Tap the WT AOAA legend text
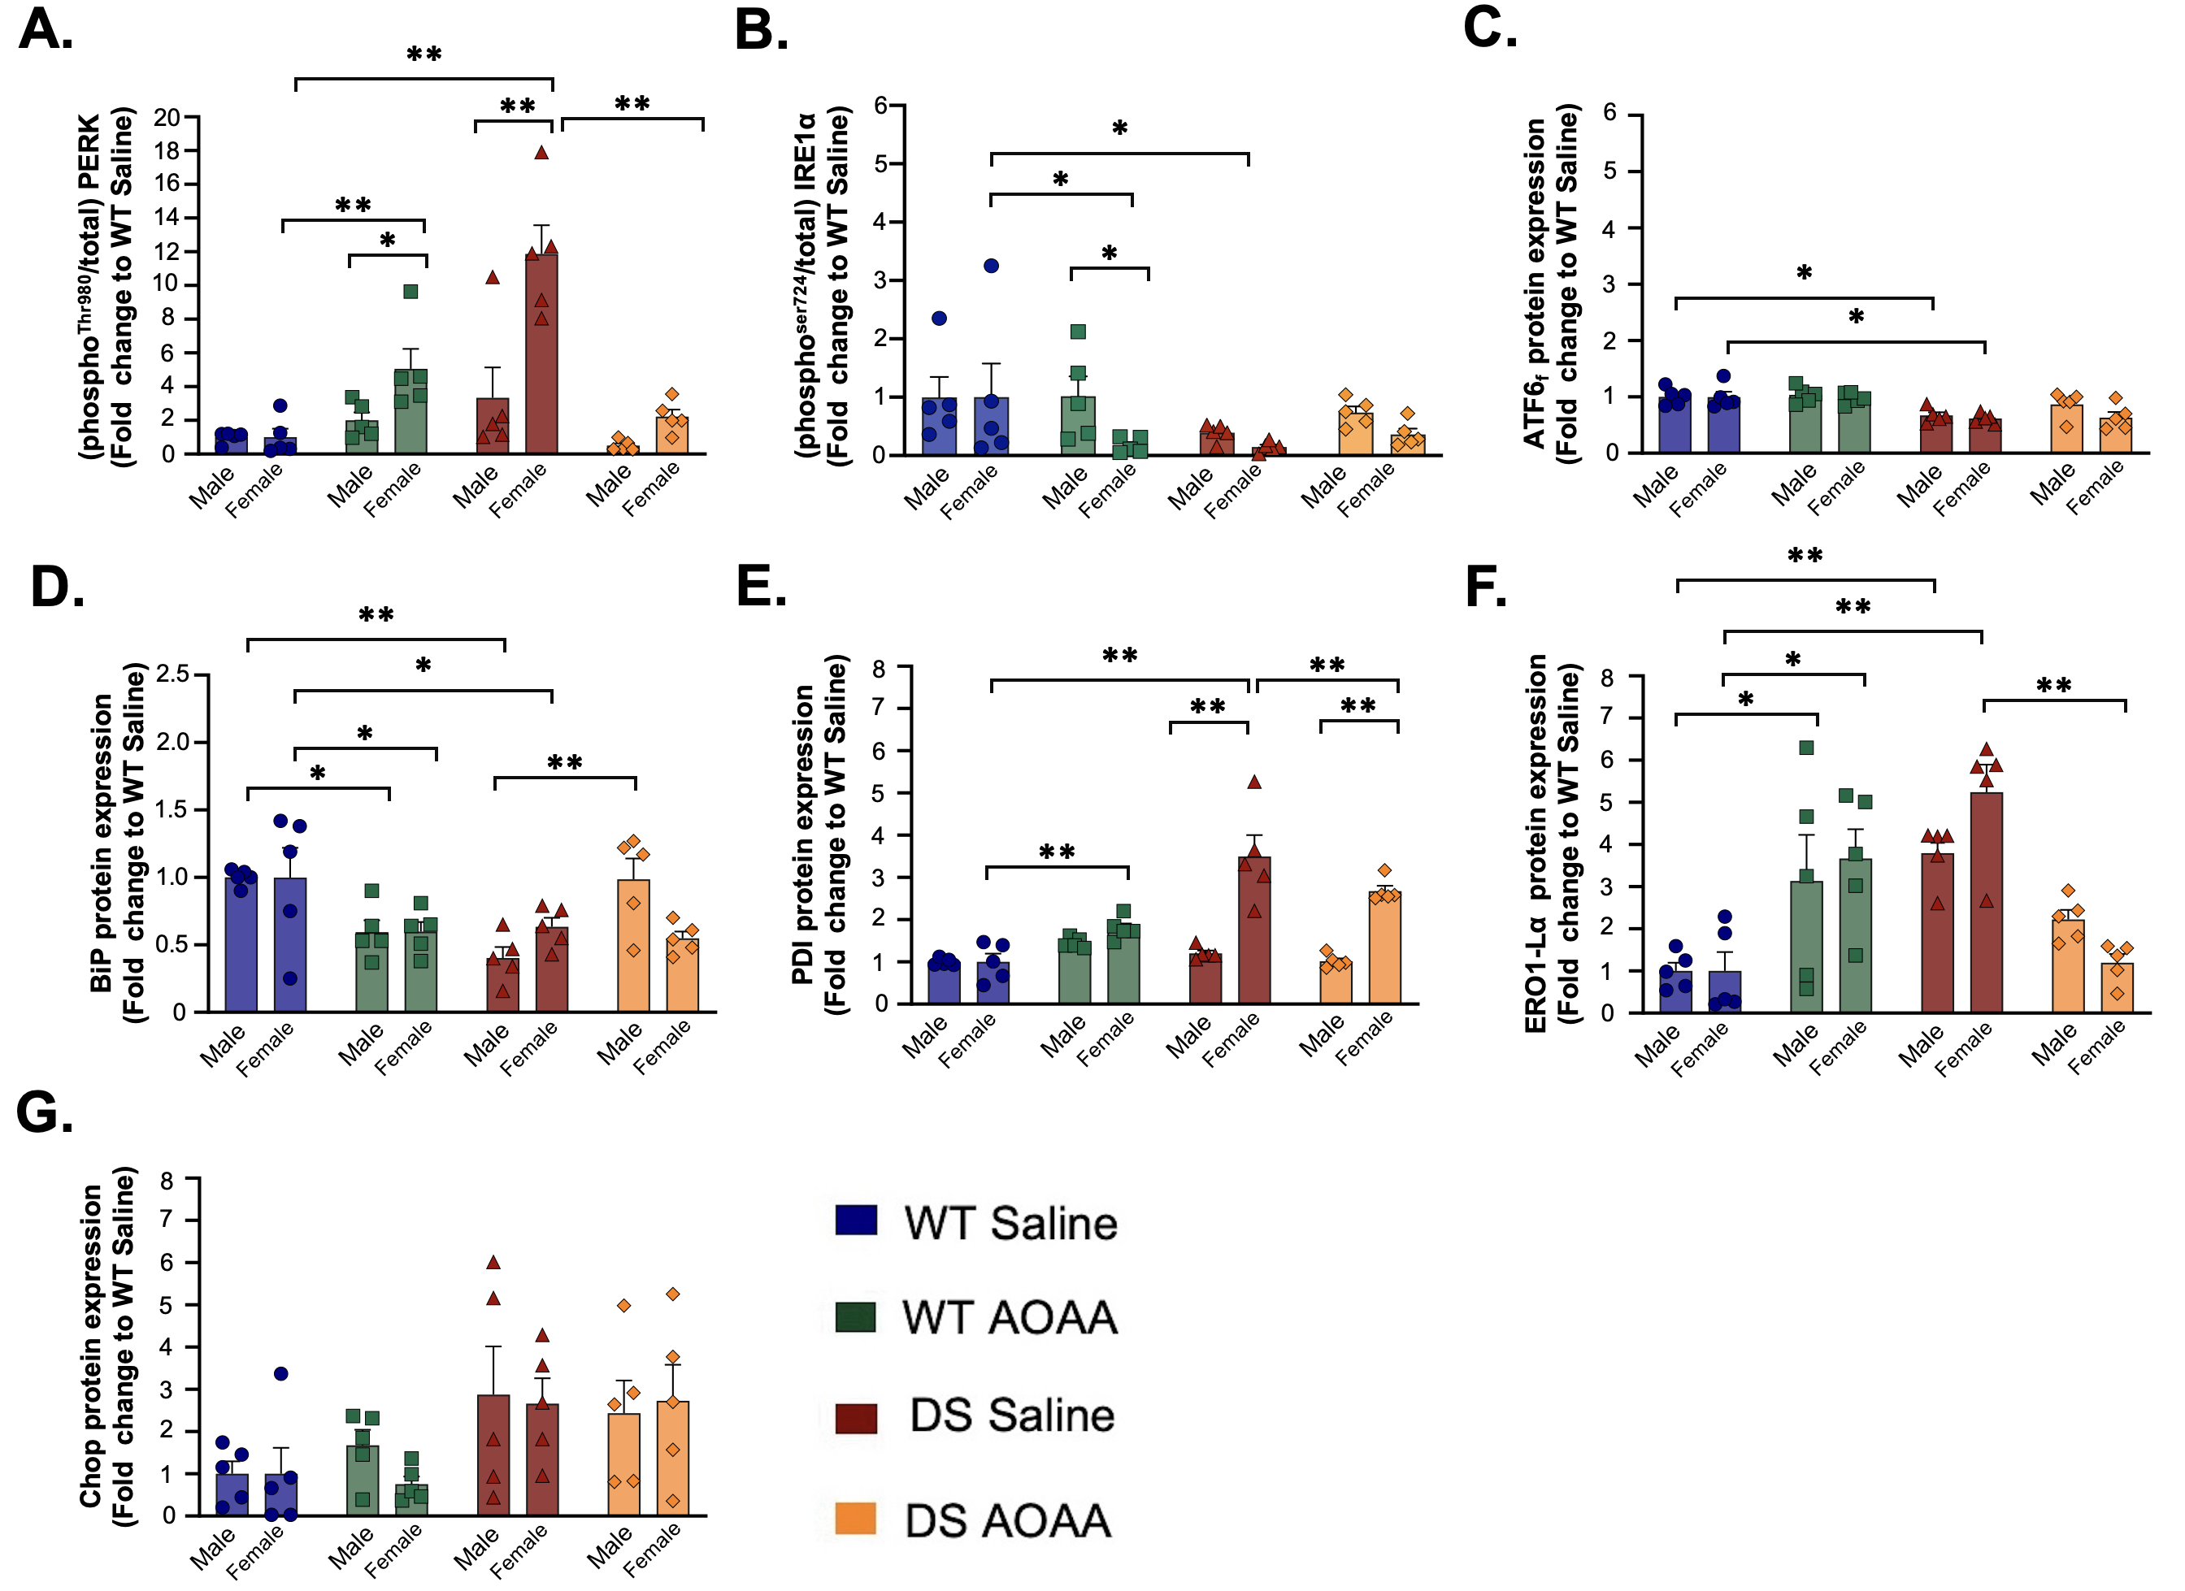(x=1010, y=1317)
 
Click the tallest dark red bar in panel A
(x=541, y=353)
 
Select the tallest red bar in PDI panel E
(x=1254, y=930)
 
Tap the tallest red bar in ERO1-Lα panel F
(x=1987, y=903)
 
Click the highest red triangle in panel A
(x=541, y=152)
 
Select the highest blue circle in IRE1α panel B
(x=992, y=266)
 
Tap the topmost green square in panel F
(x=1806, y=748)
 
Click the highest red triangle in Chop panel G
(x=493, y=1262)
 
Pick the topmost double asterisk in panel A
(x=424, y=55)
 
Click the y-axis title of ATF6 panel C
(x=1552, y=284)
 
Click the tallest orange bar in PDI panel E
(x=1384, y=947)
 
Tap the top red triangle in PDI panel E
(x=1254, y=782)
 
